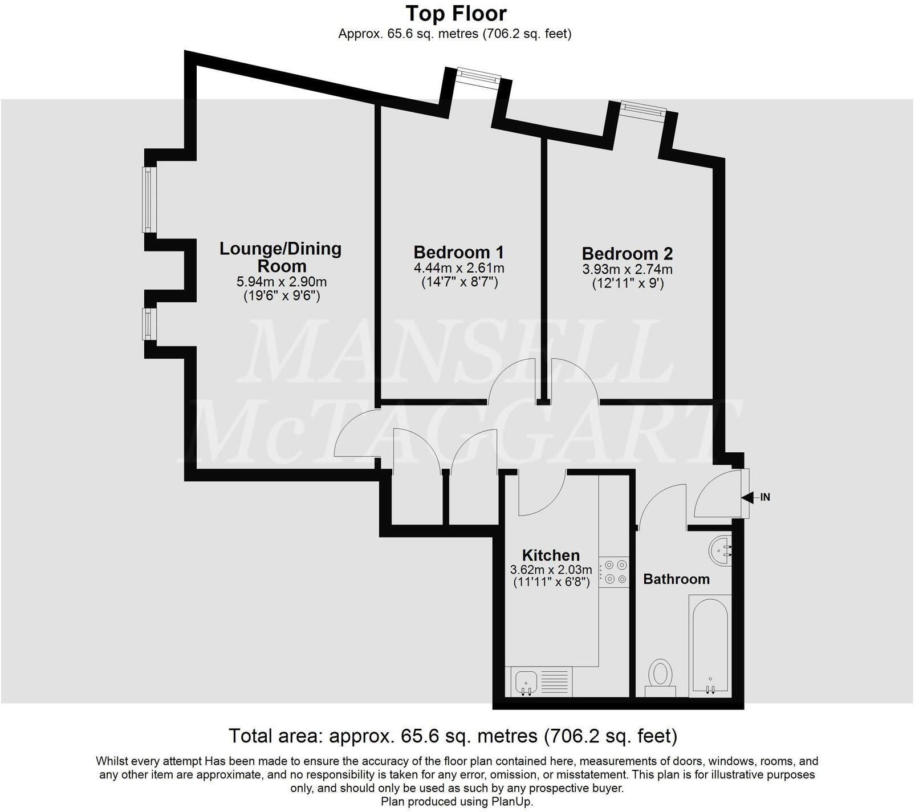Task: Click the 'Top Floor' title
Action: (x=456, y=13)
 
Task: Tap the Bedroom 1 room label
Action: (x=459, y=252)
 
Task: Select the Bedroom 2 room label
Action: (x=627, y=253)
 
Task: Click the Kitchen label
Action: (x=551, y=555)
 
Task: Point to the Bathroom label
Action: (x=676, y=579)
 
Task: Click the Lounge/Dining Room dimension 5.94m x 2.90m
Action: (x=282, y=282)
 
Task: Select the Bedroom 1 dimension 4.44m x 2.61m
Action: (x=459, y=268)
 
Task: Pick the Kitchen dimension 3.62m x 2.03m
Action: (x=551, y=569)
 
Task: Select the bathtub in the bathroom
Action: (x=710, y=644)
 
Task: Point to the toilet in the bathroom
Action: (x=661, y=676)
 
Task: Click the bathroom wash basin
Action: (x=722, y=551)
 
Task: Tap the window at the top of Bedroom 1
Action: (x=478, y=76)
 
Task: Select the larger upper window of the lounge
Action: (x=149, y=199)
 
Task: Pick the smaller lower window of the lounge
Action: (x=149, y=323)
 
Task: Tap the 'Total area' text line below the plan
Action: (x=453, y=736)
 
